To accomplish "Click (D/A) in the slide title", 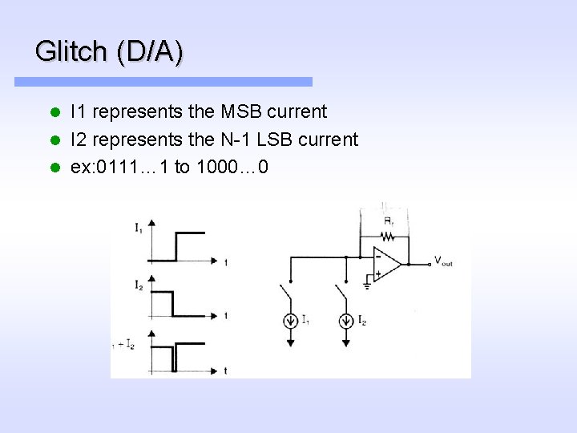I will [150, 52].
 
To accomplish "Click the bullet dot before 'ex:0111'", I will [54, 168].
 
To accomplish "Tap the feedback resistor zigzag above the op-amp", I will [388, 236].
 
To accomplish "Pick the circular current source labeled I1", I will [289, 321].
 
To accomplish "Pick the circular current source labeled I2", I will [345, 321].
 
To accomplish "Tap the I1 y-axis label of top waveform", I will [139, 228].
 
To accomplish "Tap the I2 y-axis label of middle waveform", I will [139, 284].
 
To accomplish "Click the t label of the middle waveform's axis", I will [226, 316].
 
